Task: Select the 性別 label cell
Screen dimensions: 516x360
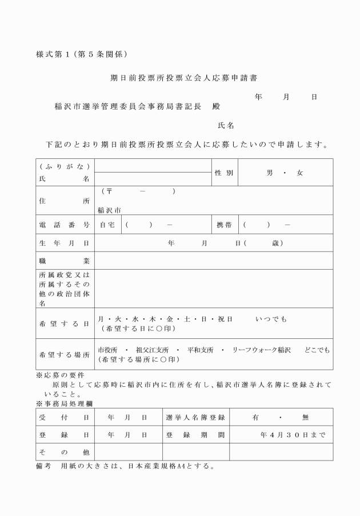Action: (223, 173)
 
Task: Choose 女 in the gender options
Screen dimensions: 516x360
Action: (299, 173)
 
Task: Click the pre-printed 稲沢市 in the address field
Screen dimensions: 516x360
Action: (109, 210)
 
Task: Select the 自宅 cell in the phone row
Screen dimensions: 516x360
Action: (107, 225)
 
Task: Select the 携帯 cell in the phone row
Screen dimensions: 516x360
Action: (224, 225)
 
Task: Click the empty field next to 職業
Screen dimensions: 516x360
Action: (213, 261)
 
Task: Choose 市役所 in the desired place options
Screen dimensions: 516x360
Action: (107, 349)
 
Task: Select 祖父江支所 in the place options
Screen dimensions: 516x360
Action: (151, 349)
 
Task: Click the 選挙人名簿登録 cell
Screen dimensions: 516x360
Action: (194, 418)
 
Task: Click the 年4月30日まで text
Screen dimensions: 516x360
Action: (293, 435)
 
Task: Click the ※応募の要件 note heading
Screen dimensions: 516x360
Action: (61, 376)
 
